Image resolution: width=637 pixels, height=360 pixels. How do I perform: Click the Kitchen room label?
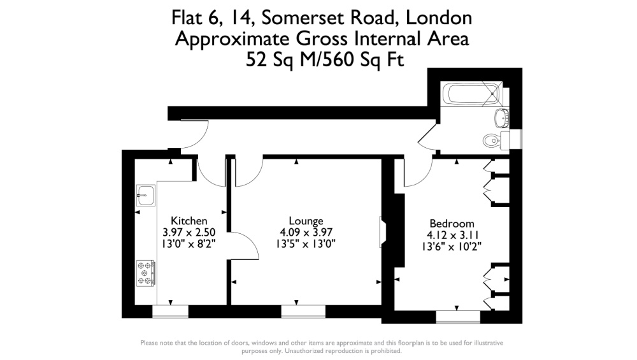(x=189, y=220)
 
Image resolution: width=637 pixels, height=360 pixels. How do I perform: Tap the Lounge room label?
(x=306, y=220)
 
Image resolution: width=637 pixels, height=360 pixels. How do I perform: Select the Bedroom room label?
(x=452, y=224)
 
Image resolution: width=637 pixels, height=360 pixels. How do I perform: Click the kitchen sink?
(x=145, y=195)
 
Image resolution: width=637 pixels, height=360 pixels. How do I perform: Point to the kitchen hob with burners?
(x=145, y=273)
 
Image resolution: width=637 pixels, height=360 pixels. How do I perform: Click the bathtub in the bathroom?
(x=472, y=94)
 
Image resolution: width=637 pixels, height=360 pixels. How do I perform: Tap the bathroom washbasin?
(x=501, y=119)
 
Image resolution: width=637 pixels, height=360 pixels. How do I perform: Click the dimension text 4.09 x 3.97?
(x=306, y=233)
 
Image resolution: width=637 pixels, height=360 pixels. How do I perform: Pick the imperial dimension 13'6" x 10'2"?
(x=452, y=247)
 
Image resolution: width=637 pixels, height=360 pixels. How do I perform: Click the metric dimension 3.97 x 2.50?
(x=189, y=233)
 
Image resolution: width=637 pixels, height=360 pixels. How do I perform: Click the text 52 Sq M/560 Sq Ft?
(x=325, y=60)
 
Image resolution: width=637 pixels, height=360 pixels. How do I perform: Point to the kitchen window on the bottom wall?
(x=171, y=312)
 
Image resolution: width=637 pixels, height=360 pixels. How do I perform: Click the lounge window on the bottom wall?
(x=303, y=312)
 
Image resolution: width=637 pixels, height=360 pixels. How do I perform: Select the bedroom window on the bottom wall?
(x=458, y=317)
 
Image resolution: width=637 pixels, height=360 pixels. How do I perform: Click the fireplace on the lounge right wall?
(x=382, y=232)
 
